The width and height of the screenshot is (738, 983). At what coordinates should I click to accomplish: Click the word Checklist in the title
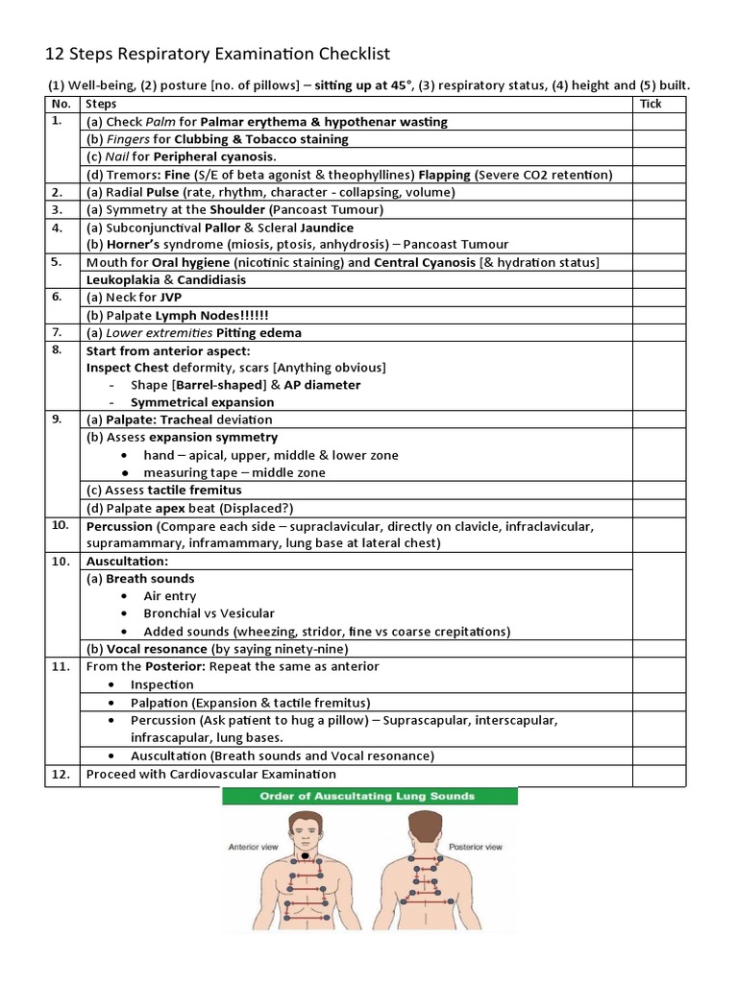coord(347,54)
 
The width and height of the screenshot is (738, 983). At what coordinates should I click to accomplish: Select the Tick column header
coord(651,104)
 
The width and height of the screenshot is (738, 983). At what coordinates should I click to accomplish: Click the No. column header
coord(61,104)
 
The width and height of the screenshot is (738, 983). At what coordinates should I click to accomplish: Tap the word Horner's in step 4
coord(134,245)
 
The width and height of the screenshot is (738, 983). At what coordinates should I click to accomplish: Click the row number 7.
coord(59,332)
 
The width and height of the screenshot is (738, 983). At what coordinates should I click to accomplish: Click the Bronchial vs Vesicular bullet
coord(209,613)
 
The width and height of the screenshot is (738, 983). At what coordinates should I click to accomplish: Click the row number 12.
coord(61,774)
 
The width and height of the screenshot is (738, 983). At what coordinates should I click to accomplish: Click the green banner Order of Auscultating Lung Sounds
coord(370,796)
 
